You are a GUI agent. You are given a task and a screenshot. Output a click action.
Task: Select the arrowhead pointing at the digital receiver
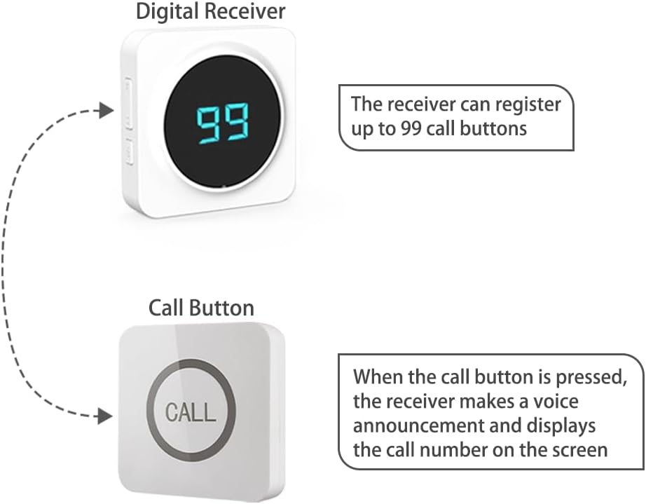pyautogui.click(x=105, y=110)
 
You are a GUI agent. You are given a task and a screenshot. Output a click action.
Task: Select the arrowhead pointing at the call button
pyautogui.click(x=105, y=416)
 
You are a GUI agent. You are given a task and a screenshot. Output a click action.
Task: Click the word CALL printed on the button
pyautogui.click(x=190, y=411)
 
